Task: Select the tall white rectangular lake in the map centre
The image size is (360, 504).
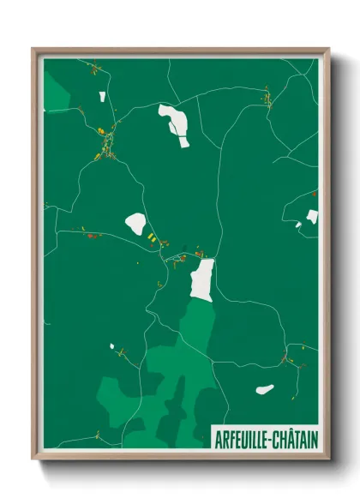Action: point(201,279)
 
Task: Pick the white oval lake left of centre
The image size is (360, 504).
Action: point(135,224)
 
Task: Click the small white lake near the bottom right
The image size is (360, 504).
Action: point(265,390)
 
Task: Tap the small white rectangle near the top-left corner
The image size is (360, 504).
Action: point(101,97)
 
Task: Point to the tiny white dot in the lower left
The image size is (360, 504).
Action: point(111,346)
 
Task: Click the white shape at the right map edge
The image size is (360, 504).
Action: point(312,217)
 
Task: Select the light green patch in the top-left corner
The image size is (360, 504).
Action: point(56,90)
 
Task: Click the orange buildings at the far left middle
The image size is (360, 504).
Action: point(91,233)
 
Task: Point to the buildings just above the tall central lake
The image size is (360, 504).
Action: point(199,254)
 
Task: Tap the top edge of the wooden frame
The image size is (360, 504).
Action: point(180,51)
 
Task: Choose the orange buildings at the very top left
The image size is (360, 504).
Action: point(92,69)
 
